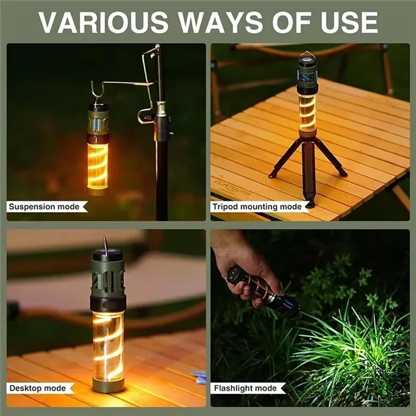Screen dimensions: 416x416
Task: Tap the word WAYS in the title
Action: pyautogui.click(x=222, y=22)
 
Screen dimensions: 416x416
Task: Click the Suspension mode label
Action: pyautogui.click(x=44, y=206)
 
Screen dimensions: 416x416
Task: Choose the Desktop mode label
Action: pyautogui.click(x=37, y=388)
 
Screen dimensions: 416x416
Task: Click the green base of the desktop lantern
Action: pyautogui.click(x=108, y=384)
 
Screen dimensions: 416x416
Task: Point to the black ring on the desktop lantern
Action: pyautogui.click(x=108, y=304)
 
